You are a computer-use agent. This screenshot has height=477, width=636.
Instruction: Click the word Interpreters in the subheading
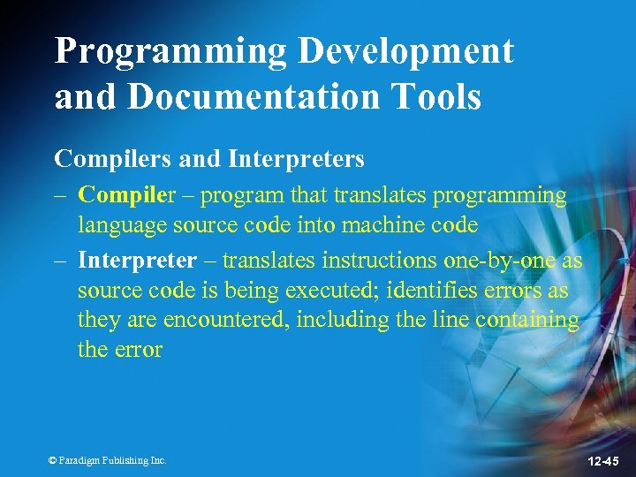(296, 159)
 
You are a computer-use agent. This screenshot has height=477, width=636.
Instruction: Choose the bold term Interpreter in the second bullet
(137, 260)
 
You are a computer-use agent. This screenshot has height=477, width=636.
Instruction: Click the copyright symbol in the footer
(52, 460)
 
